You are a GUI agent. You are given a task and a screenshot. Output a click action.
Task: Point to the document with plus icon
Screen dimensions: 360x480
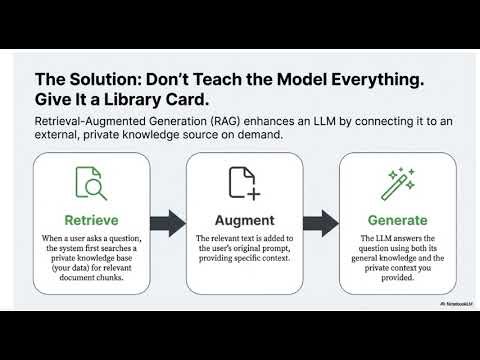coord(241,183)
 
